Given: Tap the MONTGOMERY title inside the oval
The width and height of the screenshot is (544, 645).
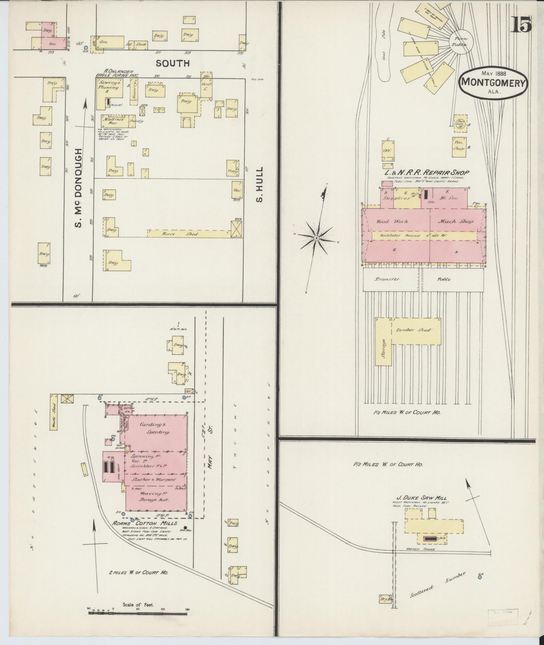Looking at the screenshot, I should point(493,82).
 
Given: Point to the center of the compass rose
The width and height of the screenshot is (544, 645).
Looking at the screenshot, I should point(316,238).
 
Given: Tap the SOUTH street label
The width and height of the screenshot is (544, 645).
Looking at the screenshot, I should point(173,63).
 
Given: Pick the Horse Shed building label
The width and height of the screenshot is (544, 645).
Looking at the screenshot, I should point(180,234).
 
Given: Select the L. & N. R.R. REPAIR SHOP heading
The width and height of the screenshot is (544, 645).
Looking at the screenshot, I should point(428,173).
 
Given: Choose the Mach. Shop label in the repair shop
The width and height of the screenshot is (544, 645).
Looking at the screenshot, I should point(455,222).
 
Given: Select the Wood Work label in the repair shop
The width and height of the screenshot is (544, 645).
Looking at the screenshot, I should point(392,222).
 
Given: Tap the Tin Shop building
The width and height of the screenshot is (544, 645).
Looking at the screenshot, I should point(459,147).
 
